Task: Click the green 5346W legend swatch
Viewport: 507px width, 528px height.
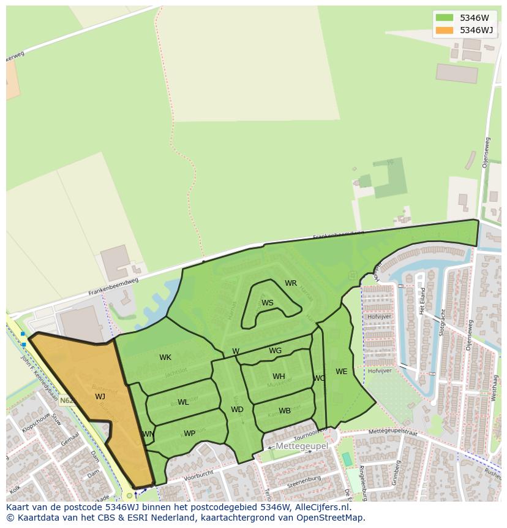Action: (x=445, y=18)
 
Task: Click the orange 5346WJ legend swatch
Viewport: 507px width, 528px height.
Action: (x=445, y=30)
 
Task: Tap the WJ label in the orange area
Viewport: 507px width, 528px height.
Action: (x=100, y=397)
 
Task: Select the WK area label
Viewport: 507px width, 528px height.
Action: (x=165, y=358)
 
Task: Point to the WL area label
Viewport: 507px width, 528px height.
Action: (x=183, y=402)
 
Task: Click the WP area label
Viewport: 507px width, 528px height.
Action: (x=189, y=434)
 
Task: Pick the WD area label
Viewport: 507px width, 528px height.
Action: (x=237, y=410)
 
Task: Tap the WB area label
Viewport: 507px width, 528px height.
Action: (x=285, y=411)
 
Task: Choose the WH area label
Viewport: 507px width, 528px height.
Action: (x=279, y=377)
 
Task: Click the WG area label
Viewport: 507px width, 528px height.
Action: (x=276, y=351)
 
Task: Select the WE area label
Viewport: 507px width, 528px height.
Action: (x=341, y=372)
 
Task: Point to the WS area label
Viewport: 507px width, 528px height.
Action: (x=268, y=303)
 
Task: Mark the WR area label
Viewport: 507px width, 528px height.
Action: (x=291, y=283)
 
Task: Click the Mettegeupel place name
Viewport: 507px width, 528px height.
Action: (x=301, y=446)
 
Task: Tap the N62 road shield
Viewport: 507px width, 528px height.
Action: (x=67, y=400)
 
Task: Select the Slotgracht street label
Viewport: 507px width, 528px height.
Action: (x=441, y=321)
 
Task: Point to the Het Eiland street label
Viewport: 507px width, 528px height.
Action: (x=423, y=301)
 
